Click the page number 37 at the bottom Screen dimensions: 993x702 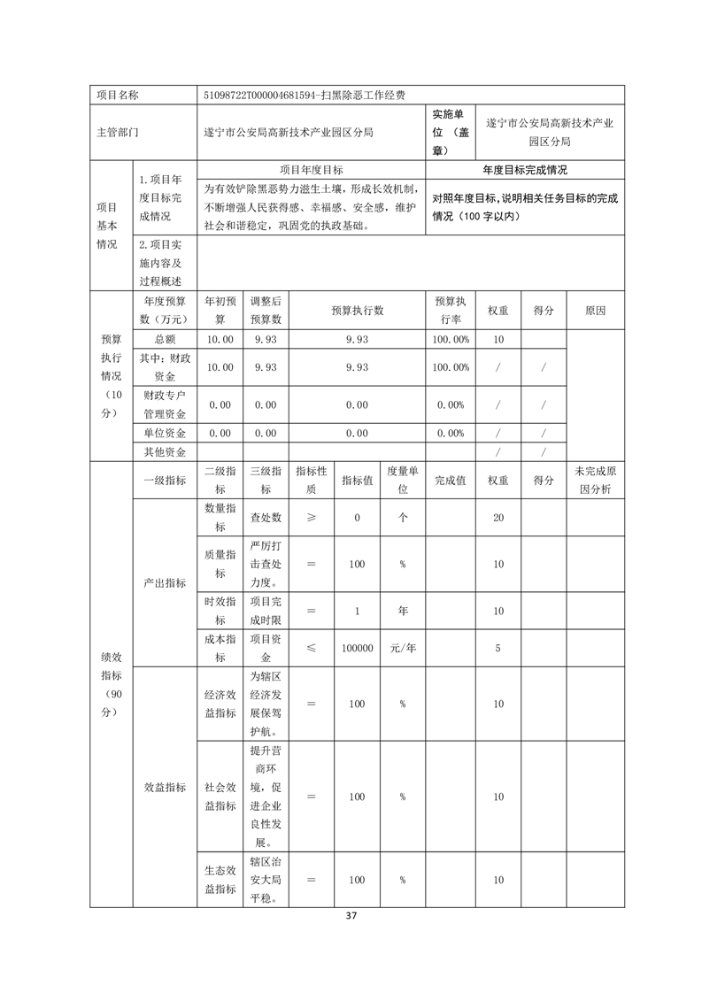click(351, 915)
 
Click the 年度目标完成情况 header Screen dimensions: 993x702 click(525, 169)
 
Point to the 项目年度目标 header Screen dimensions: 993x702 click(311, 169)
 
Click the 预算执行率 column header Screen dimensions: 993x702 click(451, 312)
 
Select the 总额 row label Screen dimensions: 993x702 click(165, 339)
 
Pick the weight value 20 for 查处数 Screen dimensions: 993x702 click(498, 518)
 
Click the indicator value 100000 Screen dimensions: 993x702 click(357, 648)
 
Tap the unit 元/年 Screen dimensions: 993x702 click(402, 648)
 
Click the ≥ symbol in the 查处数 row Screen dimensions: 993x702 click(311, 518)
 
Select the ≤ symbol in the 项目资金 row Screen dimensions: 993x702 click(311, 648)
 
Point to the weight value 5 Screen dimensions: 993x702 click(498, 648)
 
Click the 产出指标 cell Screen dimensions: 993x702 click(165, 582)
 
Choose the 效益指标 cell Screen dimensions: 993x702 click(165, 788)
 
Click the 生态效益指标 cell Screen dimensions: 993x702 click(220, 881)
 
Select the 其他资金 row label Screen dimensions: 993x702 click(165, 451)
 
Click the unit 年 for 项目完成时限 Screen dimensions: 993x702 click(402, 611)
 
